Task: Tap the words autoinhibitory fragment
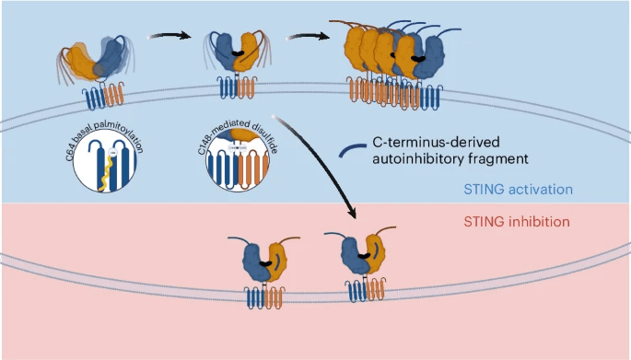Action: click(435, 158)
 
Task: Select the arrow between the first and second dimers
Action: click(171, 34)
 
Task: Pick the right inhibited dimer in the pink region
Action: click(361, 261)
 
